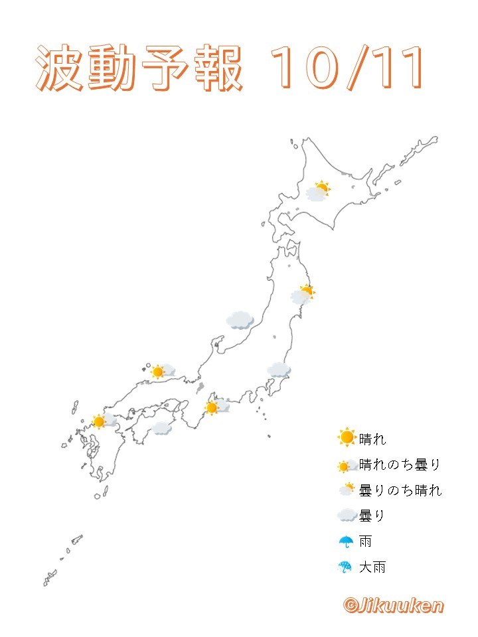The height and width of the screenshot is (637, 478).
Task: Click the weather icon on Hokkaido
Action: (x=317, y=191)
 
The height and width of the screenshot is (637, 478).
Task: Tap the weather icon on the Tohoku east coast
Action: (x=303, y=294)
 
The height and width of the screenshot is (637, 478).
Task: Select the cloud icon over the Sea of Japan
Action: (x=240, y=320)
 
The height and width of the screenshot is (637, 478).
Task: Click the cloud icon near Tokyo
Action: (x=279, y=370)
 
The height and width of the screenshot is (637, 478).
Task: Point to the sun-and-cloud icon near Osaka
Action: (x=216, y=406)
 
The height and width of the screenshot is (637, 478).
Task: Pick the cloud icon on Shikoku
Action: (x=161, y=428)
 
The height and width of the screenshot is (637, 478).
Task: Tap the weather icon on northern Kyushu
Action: (x=103, y=421)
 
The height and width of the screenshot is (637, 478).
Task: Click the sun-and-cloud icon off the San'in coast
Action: (x=162, y=371)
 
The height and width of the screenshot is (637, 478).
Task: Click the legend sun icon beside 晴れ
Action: (x=347, y=438)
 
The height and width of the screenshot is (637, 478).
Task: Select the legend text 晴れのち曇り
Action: (x=400, y=465)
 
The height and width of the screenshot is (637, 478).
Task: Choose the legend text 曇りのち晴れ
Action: (x=400, y=490)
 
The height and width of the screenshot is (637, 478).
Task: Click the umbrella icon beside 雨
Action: (x=346, y=541)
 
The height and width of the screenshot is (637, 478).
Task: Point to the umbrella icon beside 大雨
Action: (x=346, y=567)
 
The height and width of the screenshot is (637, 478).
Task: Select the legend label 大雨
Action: (x=372, y=567)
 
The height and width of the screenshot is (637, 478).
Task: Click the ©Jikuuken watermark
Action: (x=393, y=605)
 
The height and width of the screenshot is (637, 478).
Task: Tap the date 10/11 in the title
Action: (x=347, y=69)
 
